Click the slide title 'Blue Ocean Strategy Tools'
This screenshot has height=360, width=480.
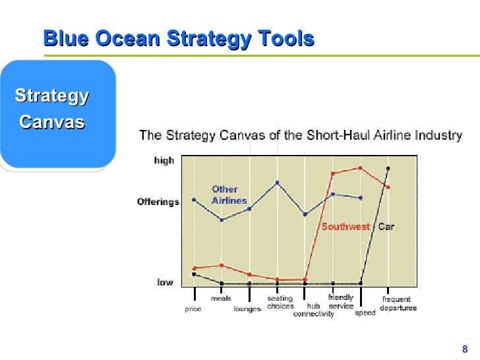178,39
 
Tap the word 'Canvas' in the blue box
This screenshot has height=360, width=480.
52,122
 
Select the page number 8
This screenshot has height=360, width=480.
465,349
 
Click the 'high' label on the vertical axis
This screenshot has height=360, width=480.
164,161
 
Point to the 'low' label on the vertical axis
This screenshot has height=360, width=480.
165,282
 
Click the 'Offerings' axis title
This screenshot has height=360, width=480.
158,202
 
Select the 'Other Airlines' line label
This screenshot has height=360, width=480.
229,195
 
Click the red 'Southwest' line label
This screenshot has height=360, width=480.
345,227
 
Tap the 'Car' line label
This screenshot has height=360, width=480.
386,227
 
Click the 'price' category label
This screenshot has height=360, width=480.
193,309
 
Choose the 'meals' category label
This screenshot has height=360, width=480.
221,298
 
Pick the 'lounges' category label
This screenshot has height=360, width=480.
247,309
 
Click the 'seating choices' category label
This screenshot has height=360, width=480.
280,302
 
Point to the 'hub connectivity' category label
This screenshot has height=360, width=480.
313,310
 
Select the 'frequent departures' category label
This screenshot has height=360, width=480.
398,303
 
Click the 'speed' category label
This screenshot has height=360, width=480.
365,313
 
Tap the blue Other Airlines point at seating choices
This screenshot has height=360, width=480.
277,182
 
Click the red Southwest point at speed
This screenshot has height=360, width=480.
360,167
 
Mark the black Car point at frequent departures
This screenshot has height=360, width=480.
388,168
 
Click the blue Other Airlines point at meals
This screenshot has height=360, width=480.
222,220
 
